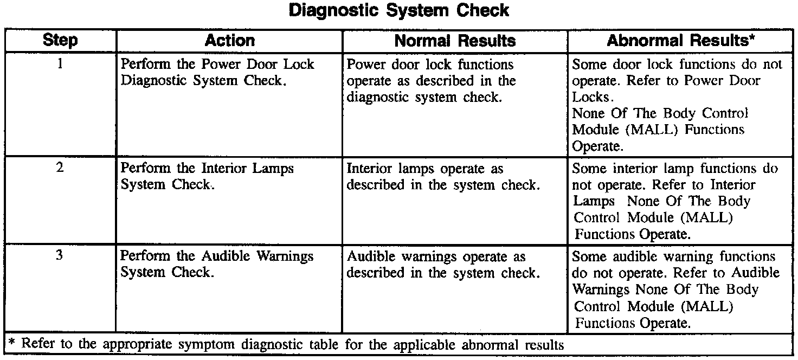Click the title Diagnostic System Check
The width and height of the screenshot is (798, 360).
pyautogui.click(x=399, y=10)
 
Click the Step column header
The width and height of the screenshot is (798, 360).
pyautogui.click(x=60, y=41)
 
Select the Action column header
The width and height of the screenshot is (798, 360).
pyautogui.click(x=229, y=41)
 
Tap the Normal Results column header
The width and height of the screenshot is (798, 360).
pyautogui.click(x=455, y=41)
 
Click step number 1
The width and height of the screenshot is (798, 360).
pyautogui.click(x=60, y=64)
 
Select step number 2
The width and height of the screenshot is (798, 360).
pyautogui.click(x=60, y=168)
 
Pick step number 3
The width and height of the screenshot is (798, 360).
pyautogui.click(x=60, y=256)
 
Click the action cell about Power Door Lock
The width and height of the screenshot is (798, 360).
pyautogui.click(x=217, y=72)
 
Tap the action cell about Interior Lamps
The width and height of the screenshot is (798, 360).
pyautogui.click(x=207, y=176)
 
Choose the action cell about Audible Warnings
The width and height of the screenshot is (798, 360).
pyautogui.click(x=217, y=264)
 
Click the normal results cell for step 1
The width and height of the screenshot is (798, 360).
pyautogui.click(x=431, y=80)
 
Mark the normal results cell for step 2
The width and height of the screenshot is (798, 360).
pyautogui.click(x=443, y=176)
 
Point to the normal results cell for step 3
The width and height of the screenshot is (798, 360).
pyautogui.click(x=443, y=264)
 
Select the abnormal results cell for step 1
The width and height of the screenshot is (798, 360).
pyautogui.click(x=677, y=105)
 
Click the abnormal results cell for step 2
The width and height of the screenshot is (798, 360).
pyautogui.click(x=675, y=201)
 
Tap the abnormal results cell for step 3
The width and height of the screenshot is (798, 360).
pyautogui.click(x=675, y=290)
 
